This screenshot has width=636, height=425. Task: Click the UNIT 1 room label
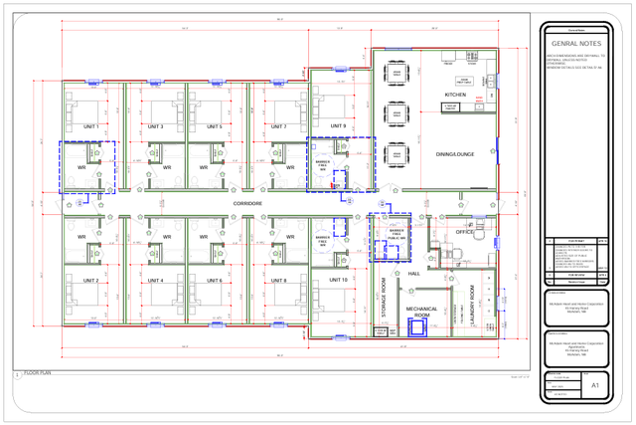coord(90,127)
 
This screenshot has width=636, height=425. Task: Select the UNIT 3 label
coord(156,127)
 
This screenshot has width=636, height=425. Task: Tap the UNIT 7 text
coord(279,127)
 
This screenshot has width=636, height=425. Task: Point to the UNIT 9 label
coord(338,126)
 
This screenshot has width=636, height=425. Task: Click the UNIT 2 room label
coord(90,281)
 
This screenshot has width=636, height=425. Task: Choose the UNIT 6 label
coord(215,281)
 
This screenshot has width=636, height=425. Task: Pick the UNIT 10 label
coord(338,280)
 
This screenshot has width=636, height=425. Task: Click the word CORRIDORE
coord(247,203)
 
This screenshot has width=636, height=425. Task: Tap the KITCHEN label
coord(455,95)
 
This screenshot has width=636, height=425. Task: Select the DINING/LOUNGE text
coord(455,154)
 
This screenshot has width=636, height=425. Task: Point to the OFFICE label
coord(465,232)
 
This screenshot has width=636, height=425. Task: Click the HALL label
coord(413,273)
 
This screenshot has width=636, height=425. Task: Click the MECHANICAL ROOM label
coord(421,312)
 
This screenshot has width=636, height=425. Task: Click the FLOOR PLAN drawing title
coord(38,372)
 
